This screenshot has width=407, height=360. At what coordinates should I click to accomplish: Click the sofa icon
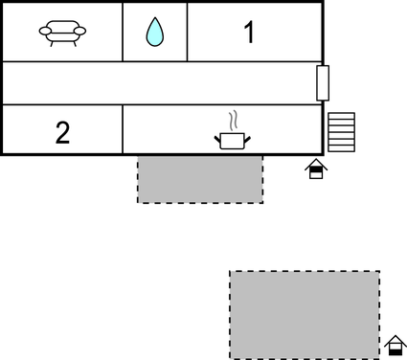62,33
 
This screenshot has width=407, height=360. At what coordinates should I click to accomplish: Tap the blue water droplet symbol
154,33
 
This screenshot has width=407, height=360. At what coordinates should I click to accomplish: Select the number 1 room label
249,33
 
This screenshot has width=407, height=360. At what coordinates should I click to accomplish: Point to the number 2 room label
62,132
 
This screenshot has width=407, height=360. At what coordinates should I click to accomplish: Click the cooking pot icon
231,141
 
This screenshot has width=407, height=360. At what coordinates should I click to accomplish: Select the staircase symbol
341,132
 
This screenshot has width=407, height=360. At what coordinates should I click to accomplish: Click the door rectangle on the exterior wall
323,83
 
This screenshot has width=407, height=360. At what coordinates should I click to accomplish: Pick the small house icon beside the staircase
316,169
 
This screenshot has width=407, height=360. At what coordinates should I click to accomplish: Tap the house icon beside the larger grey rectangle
396,345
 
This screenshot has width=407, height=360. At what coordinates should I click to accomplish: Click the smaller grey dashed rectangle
200,179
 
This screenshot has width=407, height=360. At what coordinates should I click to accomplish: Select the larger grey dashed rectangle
305,314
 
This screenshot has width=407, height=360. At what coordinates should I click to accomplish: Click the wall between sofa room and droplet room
124,33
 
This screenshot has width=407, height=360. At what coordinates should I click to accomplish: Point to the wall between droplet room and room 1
187,33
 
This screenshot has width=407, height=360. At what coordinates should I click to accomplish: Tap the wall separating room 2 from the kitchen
124,129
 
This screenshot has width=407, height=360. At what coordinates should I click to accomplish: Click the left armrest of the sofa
44,32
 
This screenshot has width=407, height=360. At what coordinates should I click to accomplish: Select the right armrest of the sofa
80,32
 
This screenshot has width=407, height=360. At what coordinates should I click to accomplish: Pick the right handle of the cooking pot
247,139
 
